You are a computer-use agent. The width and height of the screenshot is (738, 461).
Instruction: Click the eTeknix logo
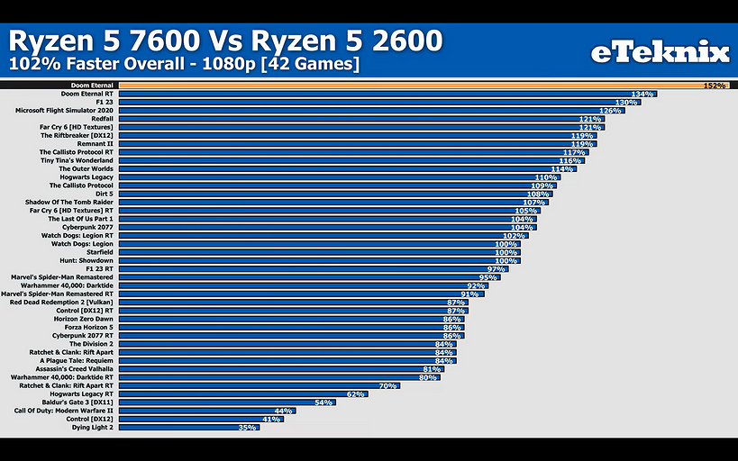(x=659, y=53)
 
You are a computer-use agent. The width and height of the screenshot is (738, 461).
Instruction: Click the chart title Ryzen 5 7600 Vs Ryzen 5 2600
(x=225, y=41)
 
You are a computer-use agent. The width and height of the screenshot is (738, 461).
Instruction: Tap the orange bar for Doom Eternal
(x=405, y=86)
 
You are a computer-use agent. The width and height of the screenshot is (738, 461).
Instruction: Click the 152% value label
(x=715, y=86)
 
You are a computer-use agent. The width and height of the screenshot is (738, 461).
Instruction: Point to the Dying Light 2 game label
(x=93, y=427)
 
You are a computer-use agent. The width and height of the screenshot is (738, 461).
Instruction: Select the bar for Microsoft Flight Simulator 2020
(x=360, y=111)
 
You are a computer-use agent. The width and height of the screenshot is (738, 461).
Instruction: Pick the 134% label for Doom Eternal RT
(x=642, y=94)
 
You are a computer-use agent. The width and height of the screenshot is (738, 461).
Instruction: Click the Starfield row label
(x=98, y=252)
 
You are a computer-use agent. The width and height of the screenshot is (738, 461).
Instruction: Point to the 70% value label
(x=388, y=385)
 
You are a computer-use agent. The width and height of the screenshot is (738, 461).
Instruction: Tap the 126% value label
(x=612, y=111)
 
